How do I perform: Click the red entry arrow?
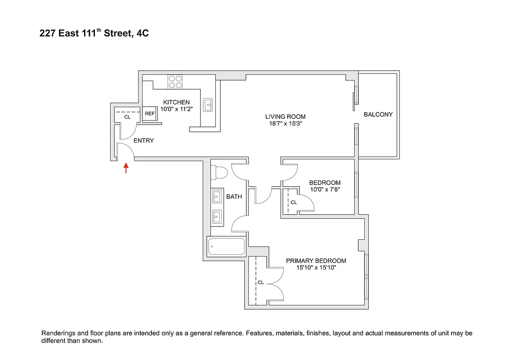pyautogui.click(x=126, y=168)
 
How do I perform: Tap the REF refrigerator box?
pyautogui.click(x=150, y=114)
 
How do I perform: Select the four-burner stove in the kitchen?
pyautogui.click(x=175, y=81)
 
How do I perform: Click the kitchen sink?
pyautogui.click(x=208, y=105)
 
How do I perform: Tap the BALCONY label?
pyautogui.click(x=378, y=114)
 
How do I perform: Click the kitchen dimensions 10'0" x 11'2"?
pyautogui.click(x=176, y=109)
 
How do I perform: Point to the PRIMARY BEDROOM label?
pyautogui.click(x=316, y=261)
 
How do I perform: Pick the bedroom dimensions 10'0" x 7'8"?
pyautogui.click(x=325, y=189)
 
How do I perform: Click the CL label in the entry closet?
pyautogui.click(x=127, y=117)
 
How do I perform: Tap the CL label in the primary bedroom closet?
pyautogui.click(x=261, y=283)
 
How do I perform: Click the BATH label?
pyautogui.click(x=234, y=197)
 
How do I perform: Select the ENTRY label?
pyautogui.click(x=143, y=140)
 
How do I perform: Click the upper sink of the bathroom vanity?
pyautogui.click(x=217, y=196)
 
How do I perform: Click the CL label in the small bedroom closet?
pyautogui.click(x=294, y=202)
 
